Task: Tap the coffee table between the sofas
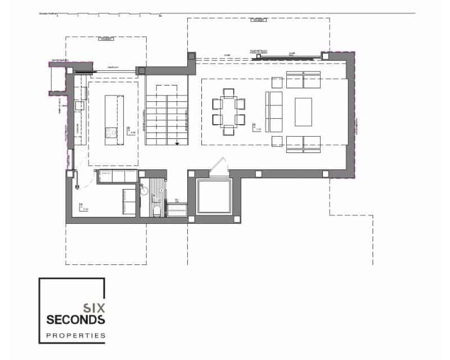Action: tap(303, 111)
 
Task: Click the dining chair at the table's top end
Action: tap(229, 93)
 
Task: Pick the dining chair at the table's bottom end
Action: tap(229, 130)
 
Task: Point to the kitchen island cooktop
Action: tap(111, 133)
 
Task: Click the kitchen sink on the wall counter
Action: tap(79, 105)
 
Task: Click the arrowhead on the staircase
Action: tap(178, 143)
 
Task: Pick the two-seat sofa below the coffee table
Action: tap(303, 143)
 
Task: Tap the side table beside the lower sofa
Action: tap(276, 141)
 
